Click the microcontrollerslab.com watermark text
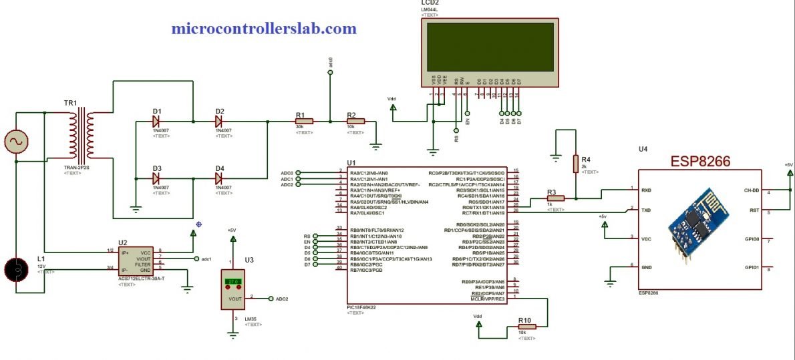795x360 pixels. click(264, 29)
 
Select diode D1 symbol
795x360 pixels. click(156, 121)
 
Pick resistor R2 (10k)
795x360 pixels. click(355, 121)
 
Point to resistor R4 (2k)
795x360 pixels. click(575, 164)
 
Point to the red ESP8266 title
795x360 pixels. click(700, 162)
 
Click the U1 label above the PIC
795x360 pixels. click(351, 163)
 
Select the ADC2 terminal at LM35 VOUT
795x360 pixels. click(271, 299)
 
